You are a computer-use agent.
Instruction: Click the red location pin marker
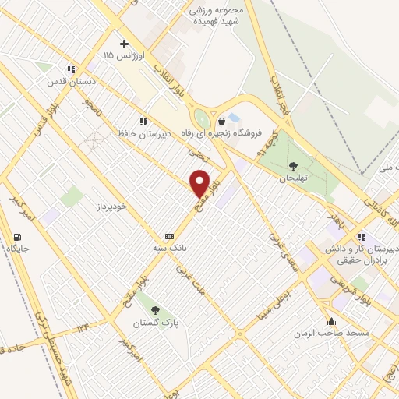pos(200,184)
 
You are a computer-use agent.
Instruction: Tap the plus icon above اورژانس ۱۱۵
pos(122,44)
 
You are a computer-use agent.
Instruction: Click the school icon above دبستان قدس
pos(71,69)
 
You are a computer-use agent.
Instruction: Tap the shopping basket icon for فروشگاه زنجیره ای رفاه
pos(223,121)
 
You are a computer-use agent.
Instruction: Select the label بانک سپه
pos(170,247)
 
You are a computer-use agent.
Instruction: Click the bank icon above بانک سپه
pos(169,235)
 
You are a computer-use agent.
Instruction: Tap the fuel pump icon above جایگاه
pos(17,237)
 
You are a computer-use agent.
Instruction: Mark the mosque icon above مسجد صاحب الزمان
pos(331,321)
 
